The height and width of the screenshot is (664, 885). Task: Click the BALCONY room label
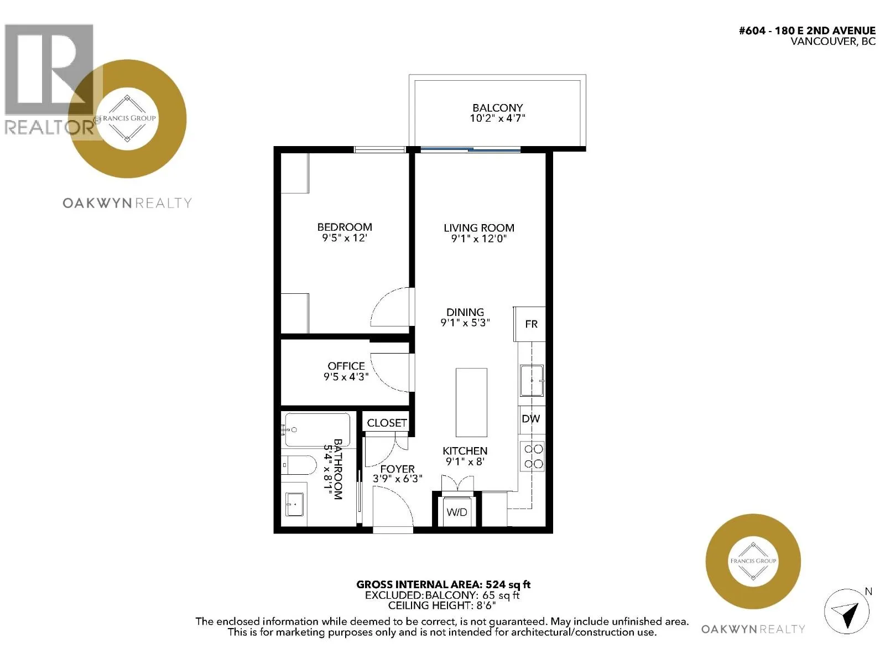click(x=497, y=108)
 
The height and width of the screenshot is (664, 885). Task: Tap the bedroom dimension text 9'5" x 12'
click(x=345, y=238)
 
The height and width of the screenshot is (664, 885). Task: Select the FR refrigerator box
click(x=529, y=324)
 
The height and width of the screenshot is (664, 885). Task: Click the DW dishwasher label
click(x=530, y=419)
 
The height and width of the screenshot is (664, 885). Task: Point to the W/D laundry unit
click(x=456, y=511)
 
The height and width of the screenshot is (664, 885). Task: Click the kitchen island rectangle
click(x=471, y=402)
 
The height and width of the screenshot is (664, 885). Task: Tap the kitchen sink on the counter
click(x=532, y=381)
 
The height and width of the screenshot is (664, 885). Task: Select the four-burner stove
click(x=533, y=456)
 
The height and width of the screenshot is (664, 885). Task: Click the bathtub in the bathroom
click(x=317, y=430)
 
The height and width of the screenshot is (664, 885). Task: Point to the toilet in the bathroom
click(x=299, y=466)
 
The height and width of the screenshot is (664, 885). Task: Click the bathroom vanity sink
click(x=294, y=504)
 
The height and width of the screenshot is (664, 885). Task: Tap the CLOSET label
click(x=387, y=423)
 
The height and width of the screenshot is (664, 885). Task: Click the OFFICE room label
click(x=346, y=366)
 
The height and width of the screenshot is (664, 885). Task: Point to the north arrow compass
click(x=846, y=611)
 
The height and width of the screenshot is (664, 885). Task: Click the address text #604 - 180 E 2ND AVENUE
click(x=807, y=30)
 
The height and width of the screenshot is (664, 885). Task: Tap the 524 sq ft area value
click(x=508, y=584)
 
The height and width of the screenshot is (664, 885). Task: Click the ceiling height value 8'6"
click(x=486, y=605)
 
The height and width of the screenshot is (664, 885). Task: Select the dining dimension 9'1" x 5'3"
click(x=465, y=323)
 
